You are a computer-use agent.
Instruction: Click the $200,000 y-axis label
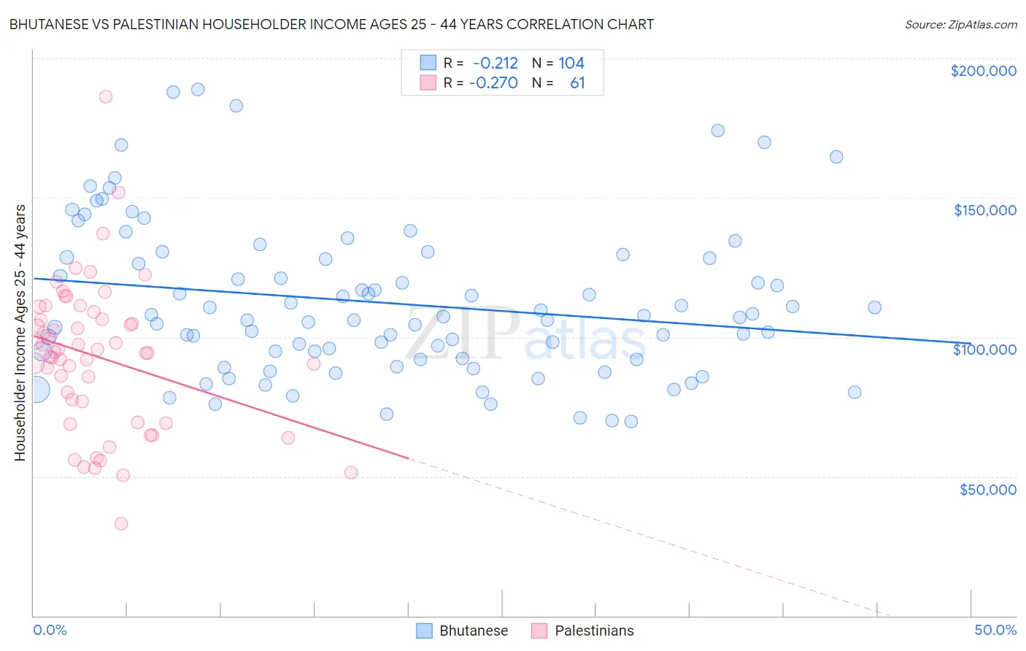pos(983,71)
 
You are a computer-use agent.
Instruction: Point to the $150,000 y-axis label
pos(984,210)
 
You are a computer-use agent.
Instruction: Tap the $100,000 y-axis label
pos(984,350)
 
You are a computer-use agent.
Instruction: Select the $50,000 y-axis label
pos(987,489)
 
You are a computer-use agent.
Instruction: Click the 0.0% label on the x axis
pos(50,630)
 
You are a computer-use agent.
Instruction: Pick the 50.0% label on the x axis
pos(995,630)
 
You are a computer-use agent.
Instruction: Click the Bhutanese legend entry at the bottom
pos(463,631)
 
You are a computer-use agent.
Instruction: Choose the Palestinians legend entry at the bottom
pos(583,631)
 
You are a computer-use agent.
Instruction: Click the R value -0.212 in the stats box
pos(495,63)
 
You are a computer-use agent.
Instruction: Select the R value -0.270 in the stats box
pos(493,82)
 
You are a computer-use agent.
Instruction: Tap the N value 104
pos(571,63)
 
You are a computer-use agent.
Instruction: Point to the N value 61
pos(577,82)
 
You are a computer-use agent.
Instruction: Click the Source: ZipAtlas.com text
pos(960,25)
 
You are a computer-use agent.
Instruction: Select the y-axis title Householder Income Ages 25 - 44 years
pos(20,333)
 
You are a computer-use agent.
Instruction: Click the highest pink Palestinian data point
pos(106,96)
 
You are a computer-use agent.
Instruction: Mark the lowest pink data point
pos(121,523)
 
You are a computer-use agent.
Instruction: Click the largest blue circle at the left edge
pos(36,390)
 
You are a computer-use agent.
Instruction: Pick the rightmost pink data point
pos(351,472)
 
